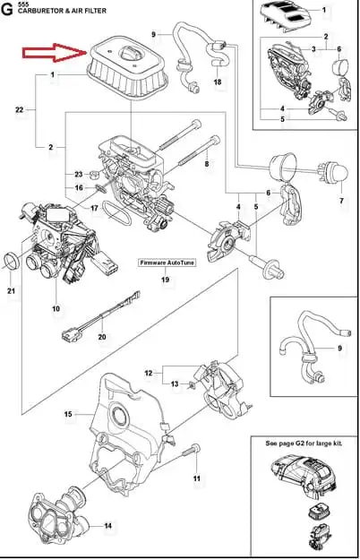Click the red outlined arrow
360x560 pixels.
(x=55, y=53)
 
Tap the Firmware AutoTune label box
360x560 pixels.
(x=167, y=263)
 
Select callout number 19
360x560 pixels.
(x=165, y=280)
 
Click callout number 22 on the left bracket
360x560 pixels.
(x=20, y=109)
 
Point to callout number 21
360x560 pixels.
(x=11, y=290)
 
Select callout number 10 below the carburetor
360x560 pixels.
(x=56, y=308)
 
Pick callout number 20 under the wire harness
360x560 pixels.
(x=102, y=336)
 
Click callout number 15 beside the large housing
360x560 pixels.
(x=68, y=414)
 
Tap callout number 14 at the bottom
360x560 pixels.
(x=107, y=526)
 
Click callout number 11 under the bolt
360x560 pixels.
(x=197, y=478)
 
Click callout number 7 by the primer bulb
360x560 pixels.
(x=341, y=201)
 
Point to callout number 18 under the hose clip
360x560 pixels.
(x=218, y=82)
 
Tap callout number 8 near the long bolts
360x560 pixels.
(x=207, y=164)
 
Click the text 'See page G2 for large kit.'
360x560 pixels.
(x=304, y=444)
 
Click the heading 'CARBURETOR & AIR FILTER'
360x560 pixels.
(x=62, y=11)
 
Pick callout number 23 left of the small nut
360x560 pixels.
(x=79, y=175)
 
